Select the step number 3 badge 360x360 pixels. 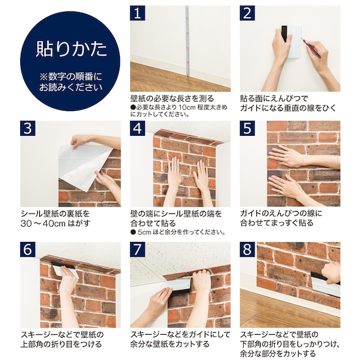pyautogui.click(x=27, y=128)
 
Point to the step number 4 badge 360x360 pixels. pyautogui.click(x=138, y=128)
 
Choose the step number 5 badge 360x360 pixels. pyautogui.click(x=247, y=128)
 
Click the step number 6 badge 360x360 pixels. pyautogui.click(x=27, y=249)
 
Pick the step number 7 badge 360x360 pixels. pyautogui.click(x=138, y=249)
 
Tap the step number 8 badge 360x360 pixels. pyautogui.click(x=247, y=249)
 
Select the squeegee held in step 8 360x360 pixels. pyautogui.click(x=326, y=284)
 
